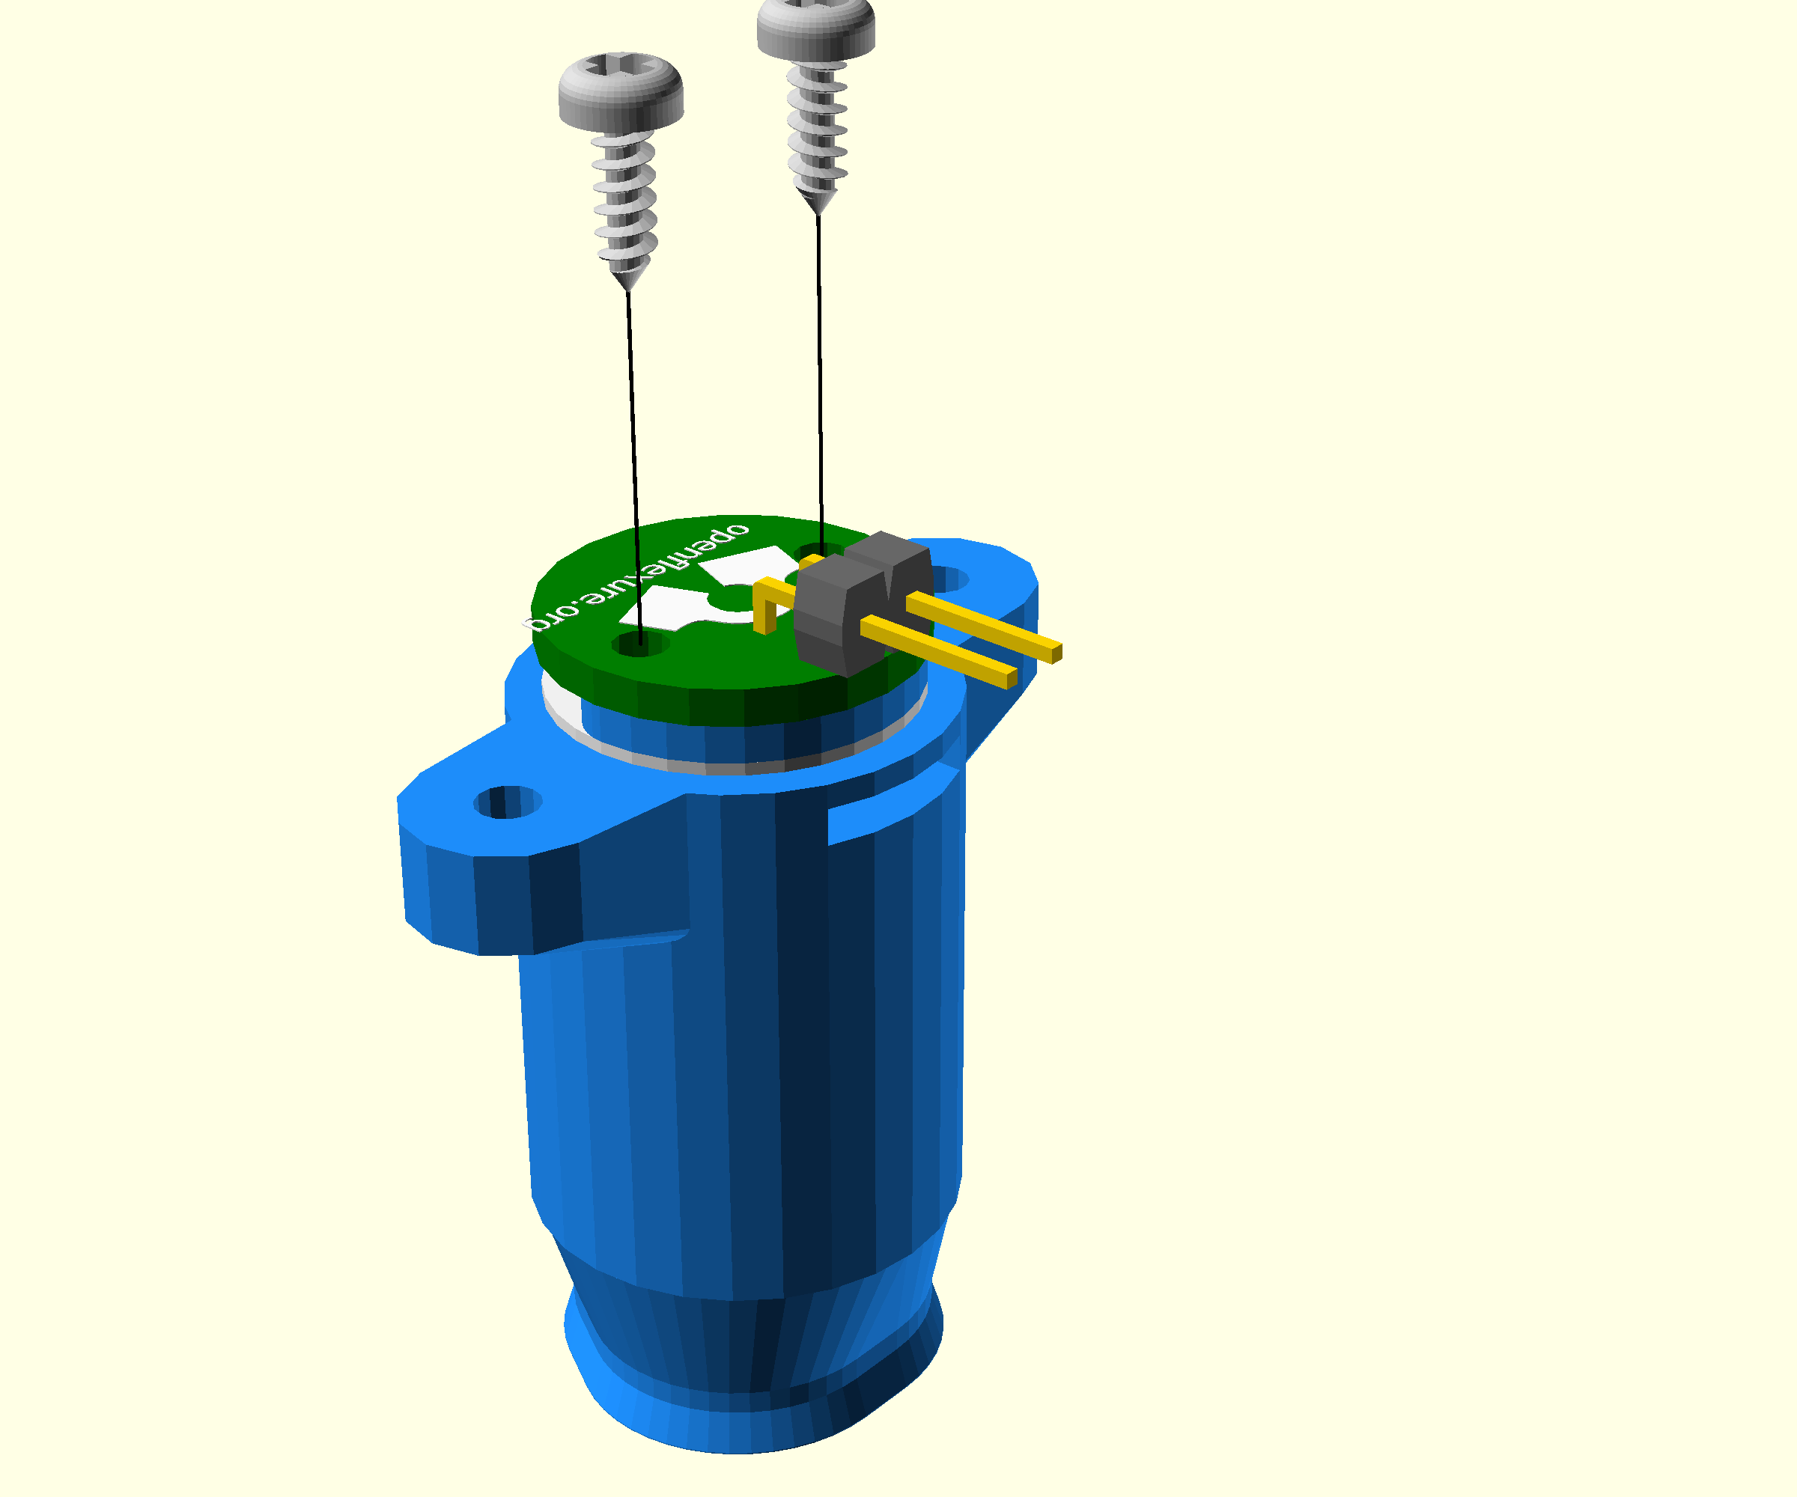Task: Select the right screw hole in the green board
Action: click(x=819, y=552)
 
